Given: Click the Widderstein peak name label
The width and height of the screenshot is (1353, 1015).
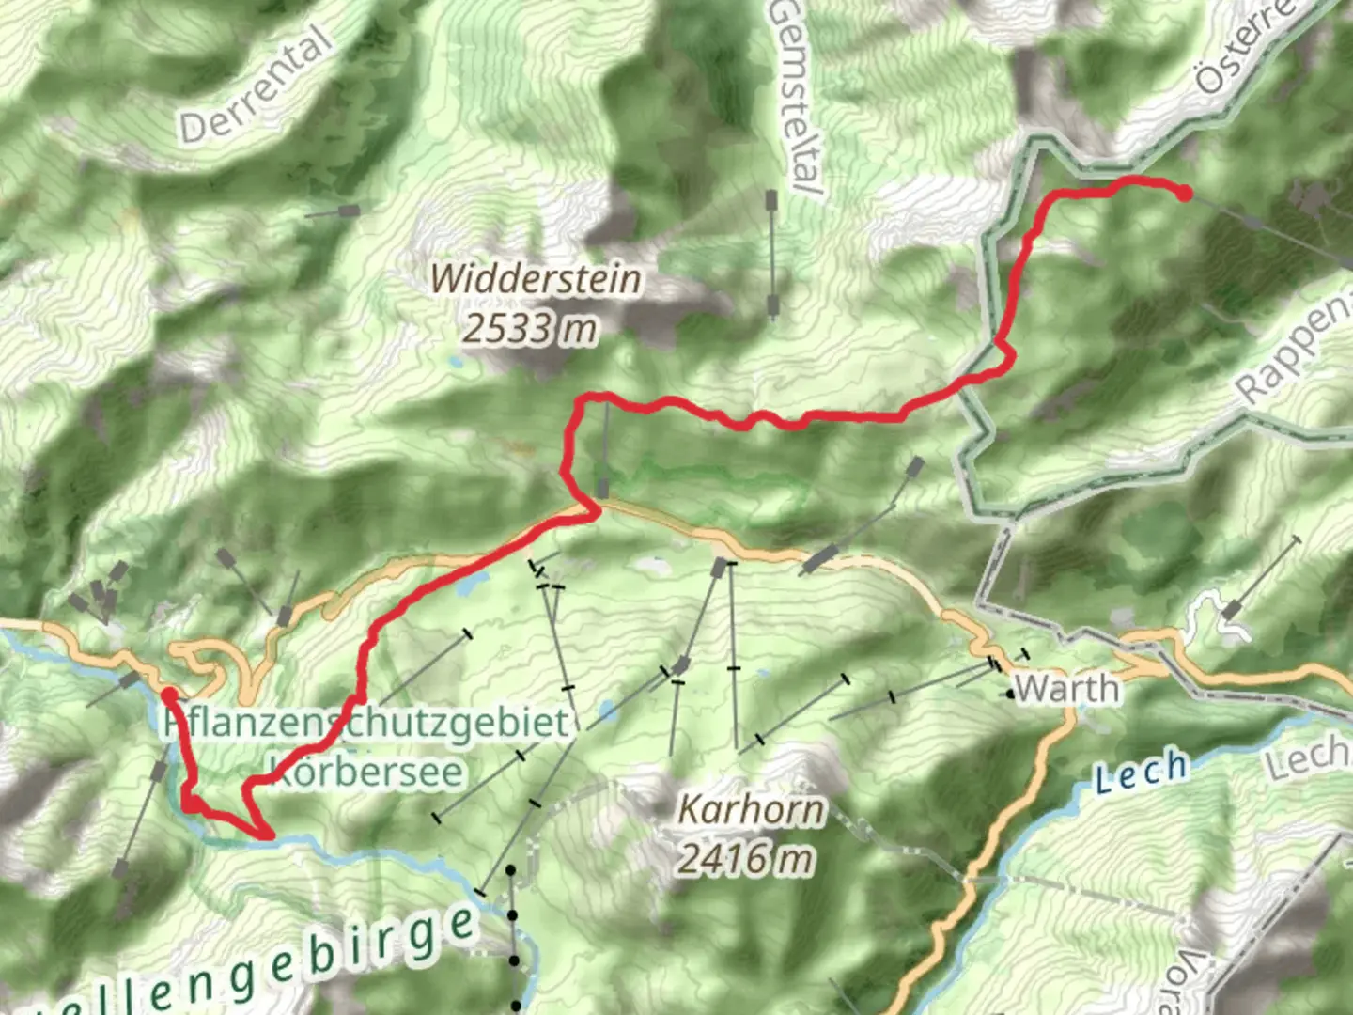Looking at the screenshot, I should (x=537, y=279).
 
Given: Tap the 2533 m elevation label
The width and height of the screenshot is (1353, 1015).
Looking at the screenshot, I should (x=530, y=329).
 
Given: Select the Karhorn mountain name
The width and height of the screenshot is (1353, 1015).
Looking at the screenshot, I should (x=751, y=809).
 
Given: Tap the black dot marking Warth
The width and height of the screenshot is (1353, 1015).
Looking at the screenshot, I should (x=1010, y=695).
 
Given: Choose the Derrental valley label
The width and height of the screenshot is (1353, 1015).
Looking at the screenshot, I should (x=256, y=86).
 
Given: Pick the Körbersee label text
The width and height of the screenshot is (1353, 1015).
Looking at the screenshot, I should (x=366, y=772).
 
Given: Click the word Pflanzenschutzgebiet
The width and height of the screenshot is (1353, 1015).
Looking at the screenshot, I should (x=366, y=723).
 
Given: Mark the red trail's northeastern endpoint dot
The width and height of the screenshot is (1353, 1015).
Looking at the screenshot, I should (x=1185, y=194).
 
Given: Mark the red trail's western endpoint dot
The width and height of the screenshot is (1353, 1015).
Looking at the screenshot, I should (x=167, y=695).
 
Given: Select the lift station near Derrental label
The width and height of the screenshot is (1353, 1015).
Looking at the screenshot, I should (x=349, y=210).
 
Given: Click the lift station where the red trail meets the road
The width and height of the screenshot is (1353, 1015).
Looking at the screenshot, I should (x=602, y=488).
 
